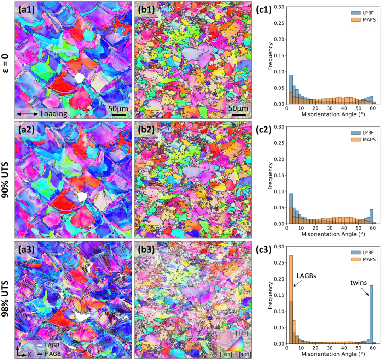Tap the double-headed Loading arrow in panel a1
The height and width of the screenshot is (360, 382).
(x=27, y=114)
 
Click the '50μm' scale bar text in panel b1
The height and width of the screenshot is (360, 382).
(x=238, y=108)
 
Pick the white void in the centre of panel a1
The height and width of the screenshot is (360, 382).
(x=79, y=78)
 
